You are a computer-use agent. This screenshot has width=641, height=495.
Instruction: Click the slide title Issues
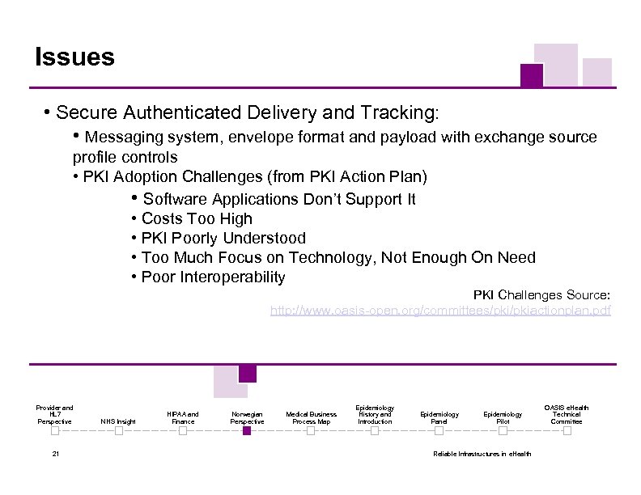pyautogui.click(x=74, y=57)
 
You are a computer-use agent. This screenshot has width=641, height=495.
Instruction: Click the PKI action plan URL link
pyautogui.click(x=440, y=311)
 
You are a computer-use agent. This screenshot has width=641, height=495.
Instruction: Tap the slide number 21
pyautogui.click(x=55, y=454)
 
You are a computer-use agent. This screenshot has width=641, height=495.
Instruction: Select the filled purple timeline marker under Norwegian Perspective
pyautogui.click(x=247, y=431)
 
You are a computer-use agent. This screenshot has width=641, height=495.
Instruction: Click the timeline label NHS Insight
pyautogui.click(x=118, y=421)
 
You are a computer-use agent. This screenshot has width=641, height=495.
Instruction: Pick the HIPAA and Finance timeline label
pyautogui.click(x=183, y=417)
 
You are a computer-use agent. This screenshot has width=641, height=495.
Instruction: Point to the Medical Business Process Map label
pyautogui.click(x=311, y=417)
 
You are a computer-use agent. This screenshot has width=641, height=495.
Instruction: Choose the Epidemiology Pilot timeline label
pyautogui.click(x=503, y=417)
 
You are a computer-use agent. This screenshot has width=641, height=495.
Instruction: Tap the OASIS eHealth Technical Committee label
pyautogui.click(x=567, y=414)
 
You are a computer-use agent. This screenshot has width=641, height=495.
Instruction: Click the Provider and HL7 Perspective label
pyautogui.click(x=54, y=414)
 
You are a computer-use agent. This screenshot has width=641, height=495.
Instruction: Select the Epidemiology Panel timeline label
pyautogui.click(x=439, y=417)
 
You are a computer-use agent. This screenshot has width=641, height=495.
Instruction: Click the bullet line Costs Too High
pyautogui.click(x=197, y=218)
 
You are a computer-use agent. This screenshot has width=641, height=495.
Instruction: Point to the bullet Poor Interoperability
pyautogui.click(x=213, y=277)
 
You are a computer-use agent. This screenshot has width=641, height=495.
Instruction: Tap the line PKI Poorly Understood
pyautogui.click(x=223, y=238)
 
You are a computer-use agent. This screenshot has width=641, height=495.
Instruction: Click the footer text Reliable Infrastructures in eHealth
pyautogui.click(x=482, y=454)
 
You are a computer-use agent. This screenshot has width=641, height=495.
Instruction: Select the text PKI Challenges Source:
pyautogui.click(x=541, y=294)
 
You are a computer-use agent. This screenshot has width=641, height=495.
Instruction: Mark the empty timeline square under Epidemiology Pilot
pyautogui.click(x=503, y=431)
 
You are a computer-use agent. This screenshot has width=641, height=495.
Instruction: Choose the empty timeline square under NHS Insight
pyautogui.click(x=118, y=431)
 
